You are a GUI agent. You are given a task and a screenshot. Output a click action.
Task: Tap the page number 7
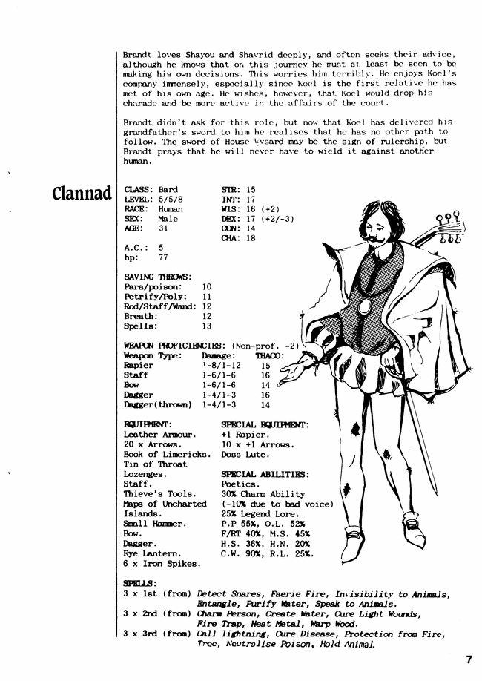(x=469, y=658)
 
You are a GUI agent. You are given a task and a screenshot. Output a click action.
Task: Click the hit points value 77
(x=163, y=257)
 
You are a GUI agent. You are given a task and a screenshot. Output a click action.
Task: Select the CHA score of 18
(x=251, y=238)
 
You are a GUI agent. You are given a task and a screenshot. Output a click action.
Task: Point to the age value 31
(x=163, y=228)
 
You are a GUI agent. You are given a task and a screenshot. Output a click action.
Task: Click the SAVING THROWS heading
(x=158, y=277)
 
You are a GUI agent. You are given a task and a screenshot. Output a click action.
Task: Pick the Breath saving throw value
(x=207, y=316)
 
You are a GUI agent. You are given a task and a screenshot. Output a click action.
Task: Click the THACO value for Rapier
(x=265, y=366)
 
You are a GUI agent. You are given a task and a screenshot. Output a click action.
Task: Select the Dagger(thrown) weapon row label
(x=155, y=405)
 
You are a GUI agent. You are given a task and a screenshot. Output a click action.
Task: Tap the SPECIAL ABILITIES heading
(x=265, y=474)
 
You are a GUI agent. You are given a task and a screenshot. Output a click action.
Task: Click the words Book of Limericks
(x=155, y=454)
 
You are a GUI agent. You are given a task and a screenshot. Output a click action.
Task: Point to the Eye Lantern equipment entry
(x=151, y=553)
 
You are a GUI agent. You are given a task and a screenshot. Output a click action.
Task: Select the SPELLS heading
(x=140, y=583)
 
